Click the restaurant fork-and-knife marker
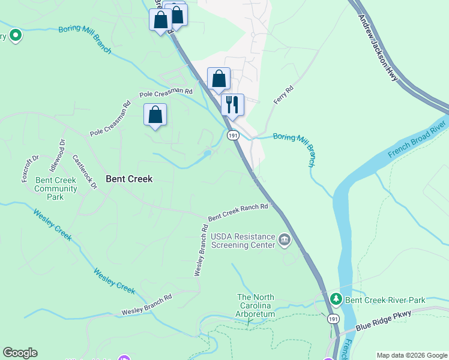pos(232,104)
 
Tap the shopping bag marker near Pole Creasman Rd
pos(155,115)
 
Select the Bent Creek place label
pos(129,179)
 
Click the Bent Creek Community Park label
pos(56,188)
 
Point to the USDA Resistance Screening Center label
pos(244,241)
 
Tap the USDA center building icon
pos(285,241)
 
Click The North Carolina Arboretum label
pos(256,306)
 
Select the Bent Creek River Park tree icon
pos(336,299)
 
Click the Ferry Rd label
pos(283,96)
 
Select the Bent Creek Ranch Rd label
pos(238,211)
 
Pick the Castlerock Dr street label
pos(85,173)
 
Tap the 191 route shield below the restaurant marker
pos(234,136)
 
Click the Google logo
pos(20,353)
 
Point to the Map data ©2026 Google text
pos(412,355)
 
